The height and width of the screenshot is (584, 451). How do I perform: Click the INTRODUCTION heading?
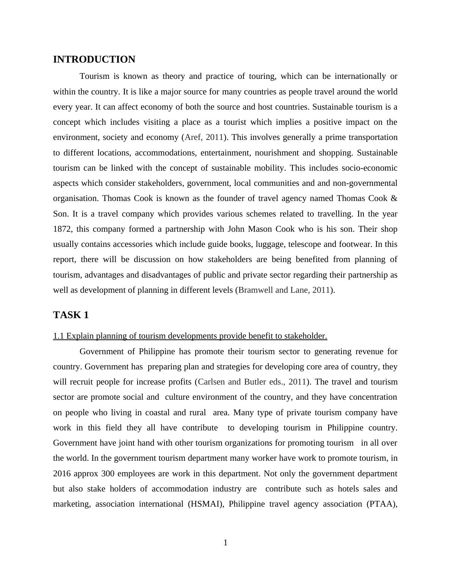point(94,60)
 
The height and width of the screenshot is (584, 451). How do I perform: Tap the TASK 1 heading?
point(71,315)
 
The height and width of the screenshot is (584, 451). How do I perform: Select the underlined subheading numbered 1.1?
point(190,336)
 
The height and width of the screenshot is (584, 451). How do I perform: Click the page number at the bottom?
point(225,543)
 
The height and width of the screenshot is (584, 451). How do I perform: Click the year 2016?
point(62,474)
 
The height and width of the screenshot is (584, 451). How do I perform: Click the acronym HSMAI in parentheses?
point(205,504)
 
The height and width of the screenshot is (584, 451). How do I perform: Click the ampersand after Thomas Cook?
point(394,198)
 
